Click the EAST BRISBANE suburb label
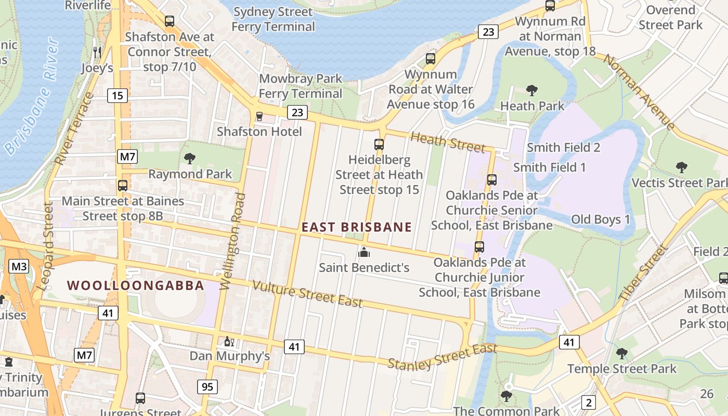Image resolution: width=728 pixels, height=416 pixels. [x=357, y=227]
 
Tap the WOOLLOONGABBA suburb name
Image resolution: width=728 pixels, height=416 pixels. [x=136, y=285]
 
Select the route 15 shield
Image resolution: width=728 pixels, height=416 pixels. [x=118, y=96]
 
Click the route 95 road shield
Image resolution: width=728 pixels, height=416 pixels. [x=207, y=387]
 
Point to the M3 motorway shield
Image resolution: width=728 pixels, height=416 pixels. [x=19, y=267]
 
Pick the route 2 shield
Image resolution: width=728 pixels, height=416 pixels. [x=589, y=402]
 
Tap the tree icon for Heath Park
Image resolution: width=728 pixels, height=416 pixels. [x=531, y=90]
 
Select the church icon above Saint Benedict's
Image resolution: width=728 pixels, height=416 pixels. [x=364, y=252]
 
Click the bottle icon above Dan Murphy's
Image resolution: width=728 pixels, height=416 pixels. [x=229, y=341]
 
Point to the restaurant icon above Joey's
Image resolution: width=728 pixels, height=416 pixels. [x=97, y=52]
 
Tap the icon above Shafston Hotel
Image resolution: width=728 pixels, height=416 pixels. [x=259, y=116]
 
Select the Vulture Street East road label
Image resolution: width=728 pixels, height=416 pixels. [x=307, y=294]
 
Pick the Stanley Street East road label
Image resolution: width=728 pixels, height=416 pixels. [x=443, y=357]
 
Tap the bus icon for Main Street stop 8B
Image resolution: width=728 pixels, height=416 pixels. [x=123, y=185]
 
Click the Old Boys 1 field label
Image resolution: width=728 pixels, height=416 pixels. [x=600, y=219]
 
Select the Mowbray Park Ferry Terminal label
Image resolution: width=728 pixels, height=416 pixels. [x=301, y=86]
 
